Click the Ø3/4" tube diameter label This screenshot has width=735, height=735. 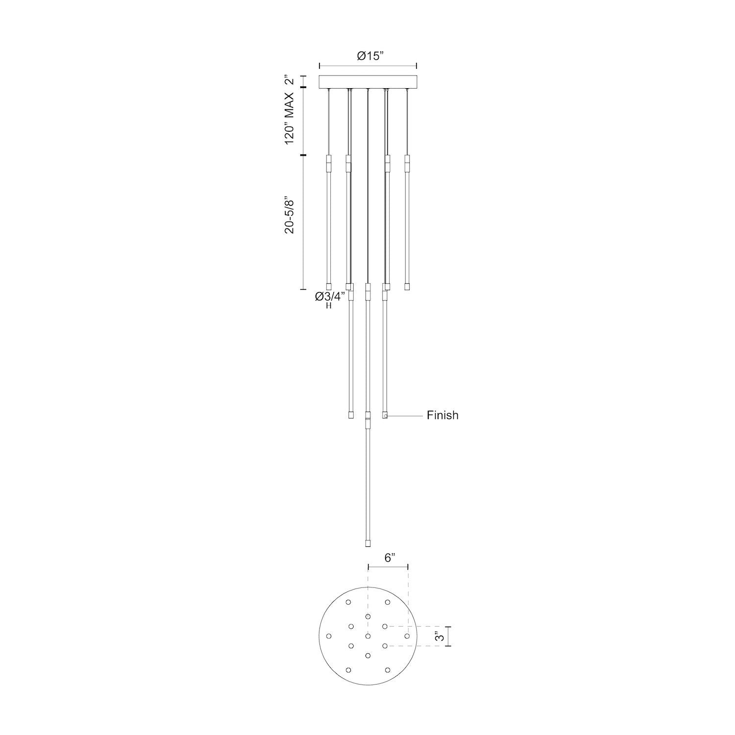click(330, 296)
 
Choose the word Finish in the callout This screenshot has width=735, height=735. click(442, 416)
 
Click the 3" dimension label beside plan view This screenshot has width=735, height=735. click(441, 637)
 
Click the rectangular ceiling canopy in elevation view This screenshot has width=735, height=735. click(367, 82)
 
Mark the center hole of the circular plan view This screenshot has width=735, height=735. click(367, 636)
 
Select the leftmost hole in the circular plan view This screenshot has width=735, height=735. click(329, 636)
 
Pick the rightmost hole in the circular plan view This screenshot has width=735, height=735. click(407, 636)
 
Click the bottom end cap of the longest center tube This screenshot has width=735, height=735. click(367, 543)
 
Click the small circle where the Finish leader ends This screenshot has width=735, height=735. click(386, 416)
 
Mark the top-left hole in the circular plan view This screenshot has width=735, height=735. click(348, 602)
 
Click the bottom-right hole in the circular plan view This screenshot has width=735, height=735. click(387, 670)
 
